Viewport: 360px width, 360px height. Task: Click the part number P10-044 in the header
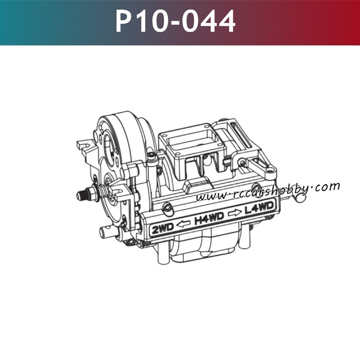tap(175, 22)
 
